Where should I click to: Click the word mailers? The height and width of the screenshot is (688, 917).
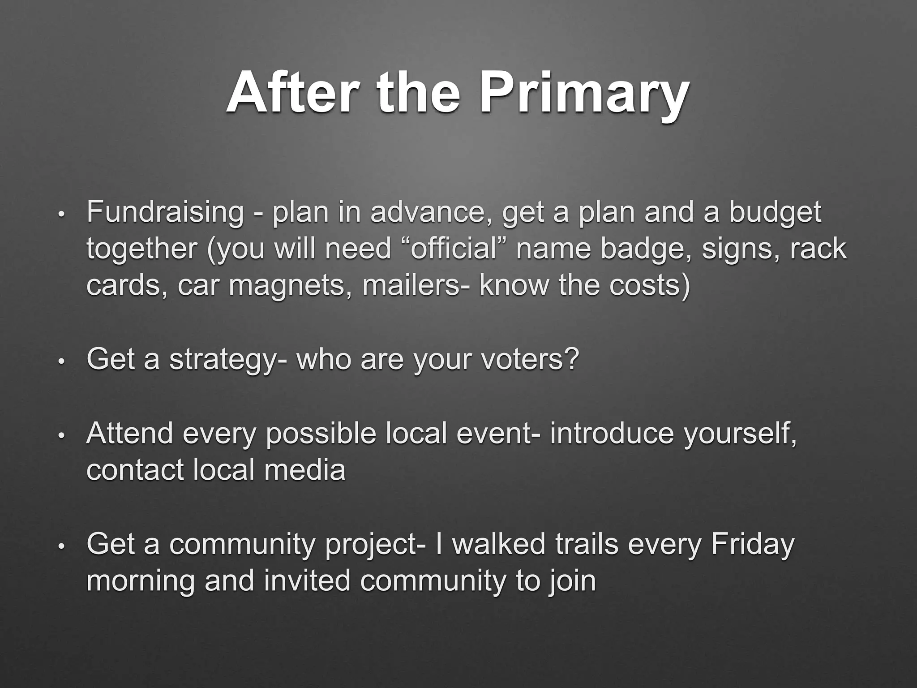point(416,285)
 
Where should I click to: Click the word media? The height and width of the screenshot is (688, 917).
point(304,470)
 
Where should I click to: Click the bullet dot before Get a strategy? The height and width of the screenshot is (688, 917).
point(62,361)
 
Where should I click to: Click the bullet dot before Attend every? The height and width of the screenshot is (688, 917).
point(62,435)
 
